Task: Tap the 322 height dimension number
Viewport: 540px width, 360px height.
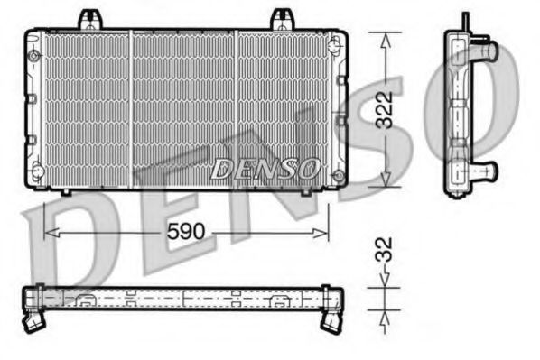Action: tap(386, 109)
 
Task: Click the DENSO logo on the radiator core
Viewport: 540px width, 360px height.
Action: tap(265, 167)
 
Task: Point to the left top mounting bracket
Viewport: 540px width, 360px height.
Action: tap(89, 18)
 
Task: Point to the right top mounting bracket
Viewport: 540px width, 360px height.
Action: tap(283, 18)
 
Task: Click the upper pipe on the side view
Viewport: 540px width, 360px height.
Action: tap(486, 53)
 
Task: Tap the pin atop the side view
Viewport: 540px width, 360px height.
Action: tap(464, 20)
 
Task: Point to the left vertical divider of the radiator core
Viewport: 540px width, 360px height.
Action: tap(133, 108)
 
